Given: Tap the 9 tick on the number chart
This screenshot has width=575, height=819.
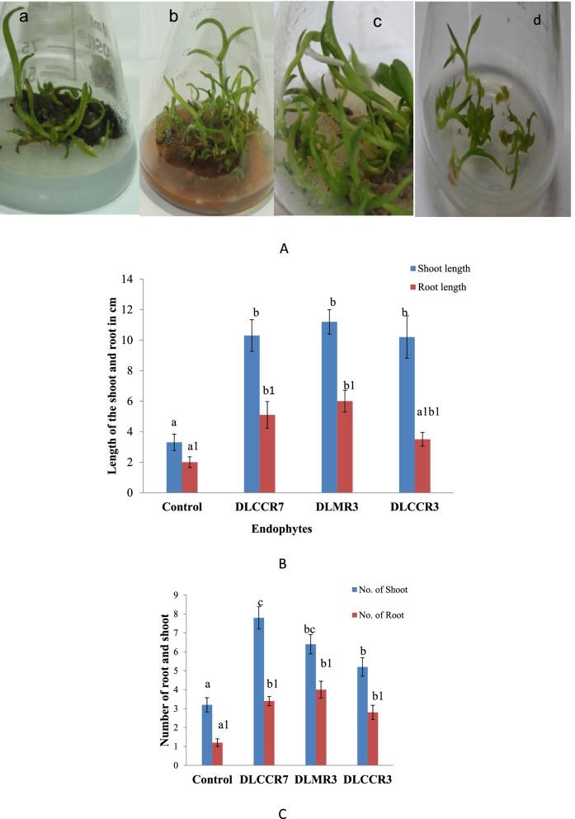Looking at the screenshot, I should (176, 595).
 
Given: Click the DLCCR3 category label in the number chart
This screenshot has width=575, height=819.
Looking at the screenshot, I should (368, 779).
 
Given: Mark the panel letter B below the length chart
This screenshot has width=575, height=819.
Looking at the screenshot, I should (283, 564).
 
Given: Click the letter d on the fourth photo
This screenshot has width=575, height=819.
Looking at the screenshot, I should (537, 18).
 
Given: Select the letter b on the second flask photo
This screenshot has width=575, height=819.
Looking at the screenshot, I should (173, 15).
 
